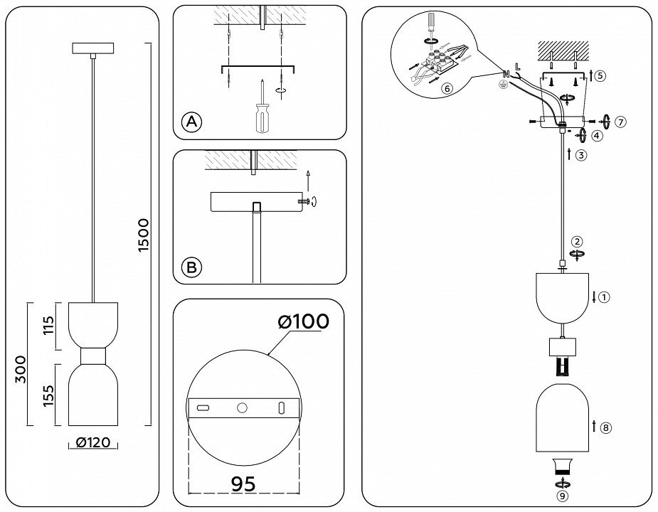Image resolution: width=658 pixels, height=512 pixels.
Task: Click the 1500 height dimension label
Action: (144, 235)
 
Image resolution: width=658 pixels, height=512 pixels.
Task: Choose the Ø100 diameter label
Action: (304, 322)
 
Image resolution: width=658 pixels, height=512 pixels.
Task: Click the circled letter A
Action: (191, 122)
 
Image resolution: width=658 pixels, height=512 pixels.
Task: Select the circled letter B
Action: (191, 268)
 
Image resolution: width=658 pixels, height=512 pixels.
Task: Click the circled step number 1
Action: (605, 297)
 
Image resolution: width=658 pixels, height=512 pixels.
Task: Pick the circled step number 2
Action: (578, 241)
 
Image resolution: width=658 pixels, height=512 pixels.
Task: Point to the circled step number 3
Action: (582, 155)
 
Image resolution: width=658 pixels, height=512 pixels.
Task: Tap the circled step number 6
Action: (447, 89)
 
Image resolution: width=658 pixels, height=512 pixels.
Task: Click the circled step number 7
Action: (620, 121)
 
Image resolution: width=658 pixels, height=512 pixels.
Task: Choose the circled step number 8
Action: (606, 427)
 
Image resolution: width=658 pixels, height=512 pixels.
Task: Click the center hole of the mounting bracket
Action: (242, 408)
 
